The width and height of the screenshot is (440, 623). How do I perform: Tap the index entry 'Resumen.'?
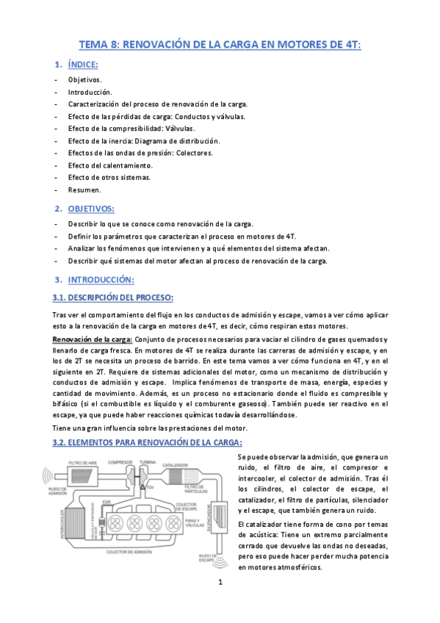point(85,190)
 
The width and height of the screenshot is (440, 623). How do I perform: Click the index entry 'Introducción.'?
point(90,93)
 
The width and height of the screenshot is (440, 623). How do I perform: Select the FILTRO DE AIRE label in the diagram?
point(83,464)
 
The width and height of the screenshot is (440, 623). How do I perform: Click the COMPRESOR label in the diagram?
point(120,462)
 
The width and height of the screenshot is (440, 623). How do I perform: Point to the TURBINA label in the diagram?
point(148,462)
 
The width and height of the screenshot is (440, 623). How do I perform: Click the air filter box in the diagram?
point(82,477)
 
